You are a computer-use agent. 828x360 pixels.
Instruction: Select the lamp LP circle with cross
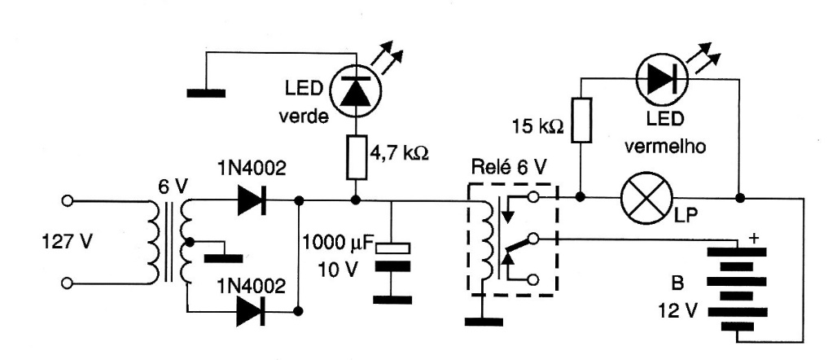pos(644,198)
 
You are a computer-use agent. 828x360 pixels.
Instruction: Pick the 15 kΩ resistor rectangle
pos(580,121)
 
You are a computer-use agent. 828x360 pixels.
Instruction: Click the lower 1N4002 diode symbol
pos(253,310)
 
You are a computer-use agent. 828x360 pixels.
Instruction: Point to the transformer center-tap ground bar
pos(224,259)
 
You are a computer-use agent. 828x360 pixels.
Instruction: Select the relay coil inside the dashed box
pos(486,240)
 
